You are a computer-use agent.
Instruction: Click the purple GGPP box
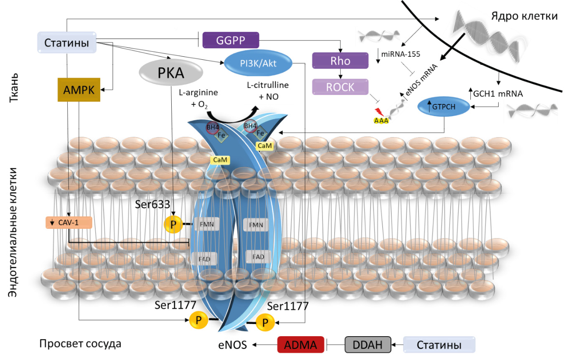click(231, 40)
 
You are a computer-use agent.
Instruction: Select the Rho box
click(340, 61)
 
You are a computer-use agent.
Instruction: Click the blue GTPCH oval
click(443, 106)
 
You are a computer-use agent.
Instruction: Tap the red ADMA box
click(301, 345)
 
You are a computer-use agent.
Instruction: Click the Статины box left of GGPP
click(67, 43)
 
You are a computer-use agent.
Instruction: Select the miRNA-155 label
click(403, 53)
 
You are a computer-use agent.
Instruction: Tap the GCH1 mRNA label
click(498, 94)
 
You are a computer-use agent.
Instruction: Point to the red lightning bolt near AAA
click(379, 112)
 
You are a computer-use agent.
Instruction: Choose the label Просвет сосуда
click(80, 344)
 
